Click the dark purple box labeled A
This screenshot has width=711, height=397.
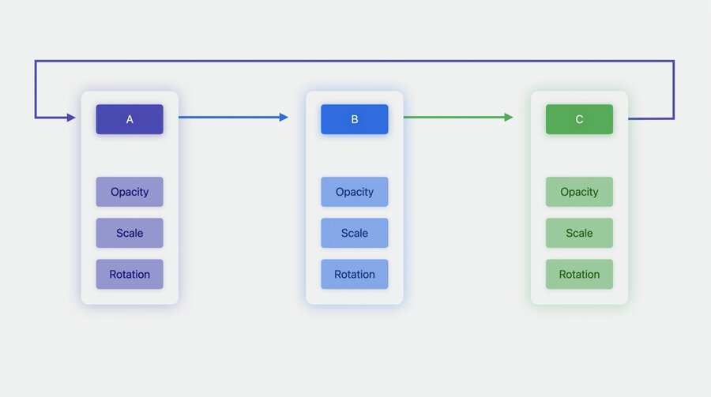pos(130,119)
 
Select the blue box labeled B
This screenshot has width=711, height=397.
pos(355,119)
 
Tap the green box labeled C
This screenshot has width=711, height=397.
pos(579,119)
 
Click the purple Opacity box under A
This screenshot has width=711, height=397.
pos(130,192)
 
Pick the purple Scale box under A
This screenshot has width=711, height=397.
pos(130,233)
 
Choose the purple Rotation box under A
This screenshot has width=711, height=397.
pos(130,274)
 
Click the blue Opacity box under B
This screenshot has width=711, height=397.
pos(355,192)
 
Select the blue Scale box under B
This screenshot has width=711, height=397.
pos(355,233)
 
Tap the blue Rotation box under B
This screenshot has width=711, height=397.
pos(355,274)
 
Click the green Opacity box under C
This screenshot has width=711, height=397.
pos(579,192)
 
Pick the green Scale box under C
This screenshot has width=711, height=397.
pos(579,233)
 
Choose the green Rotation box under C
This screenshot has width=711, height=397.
pos(579,274)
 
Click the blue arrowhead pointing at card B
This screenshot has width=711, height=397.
pos(284,118)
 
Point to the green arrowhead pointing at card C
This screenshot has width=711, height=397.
pos(509,118)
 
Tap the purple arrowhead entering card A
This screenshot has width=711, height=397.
pos(71,118)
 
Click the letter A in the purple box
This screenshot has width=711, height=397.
pos(130,119)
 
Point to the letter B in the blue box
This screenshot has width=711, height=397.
pos(355,119)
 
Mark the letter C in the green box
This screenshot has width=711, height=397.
pos(579,119)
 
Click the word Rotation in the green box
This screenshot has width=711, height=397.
pos(579,274)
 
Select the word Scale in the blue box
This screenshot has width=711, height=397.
pos(355,233)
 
